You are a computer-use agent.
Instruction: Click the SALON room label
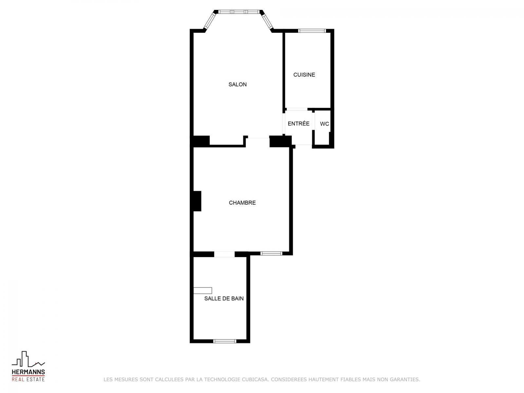coord(237,84)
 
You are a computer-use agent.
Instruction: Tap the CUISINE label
coord(304,75)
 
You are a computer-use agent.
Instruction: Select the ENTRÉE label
coord(298,123)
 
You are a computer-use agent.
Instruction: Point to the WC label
coord(325,124)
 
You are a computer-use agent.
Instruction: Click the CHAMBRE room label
coord(242,203)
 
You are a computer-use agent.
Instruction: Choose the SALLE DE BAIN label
coord(224,298)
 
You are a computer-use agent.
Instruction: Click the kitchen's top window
coord(312,30)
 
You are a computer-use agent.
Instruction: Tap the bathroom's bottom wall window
coord(224,341)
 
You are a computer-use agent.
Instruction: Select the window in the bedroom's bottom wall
coord(271,253)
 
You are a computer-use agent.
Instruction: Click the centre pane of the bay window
coord(239,12)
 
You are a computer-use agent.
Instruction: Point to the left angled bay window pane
coord(210,20)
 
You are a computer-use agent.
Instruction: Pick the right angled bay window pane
coord(268,20)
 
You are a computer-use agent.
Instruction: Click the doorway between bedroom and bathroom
coord(224,254)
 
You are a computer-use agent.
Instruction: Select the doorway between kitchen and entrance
coord(297,109)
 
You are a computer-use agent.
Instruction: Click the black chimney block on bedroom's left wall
coord(197,201)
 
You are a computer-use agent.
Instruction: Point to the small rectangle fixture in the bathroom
coord(202,290)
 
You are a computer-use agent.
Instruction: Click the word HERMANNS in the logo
coord(28,372)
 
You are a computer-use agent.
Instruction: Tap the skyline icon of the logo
coord(28,359)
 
